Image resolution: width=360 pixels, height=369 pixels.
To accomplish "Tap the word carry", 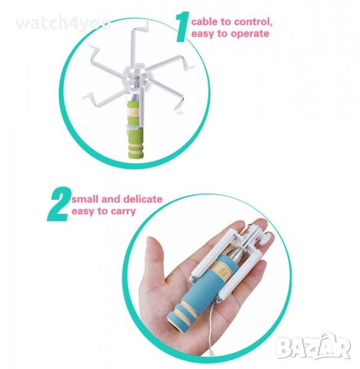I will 122,211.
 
